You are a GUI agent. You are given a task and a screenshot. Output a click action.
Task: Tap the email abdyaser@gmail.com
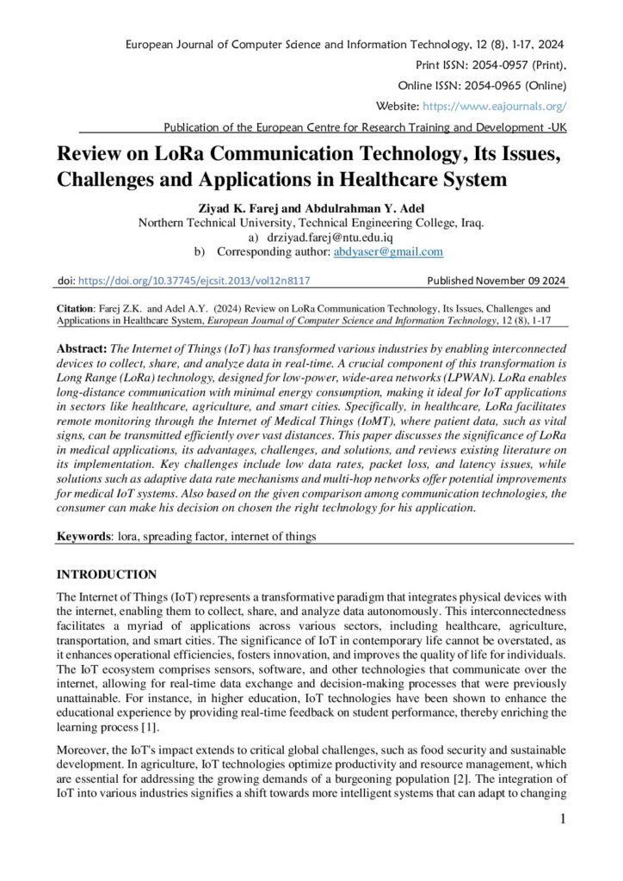coord(388,252)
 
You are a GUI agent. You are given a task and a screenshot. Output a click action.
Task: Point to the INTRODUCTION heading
coord(106,575)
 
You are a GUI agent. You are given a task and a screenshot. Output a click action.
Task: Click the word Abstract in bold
coord(82,350)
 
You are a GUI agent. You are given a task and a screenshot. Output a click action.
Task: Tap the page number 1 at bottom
coord(563,819)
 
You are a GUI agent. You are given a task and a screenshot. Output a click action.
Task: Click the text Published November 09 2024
coord(497,280)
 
